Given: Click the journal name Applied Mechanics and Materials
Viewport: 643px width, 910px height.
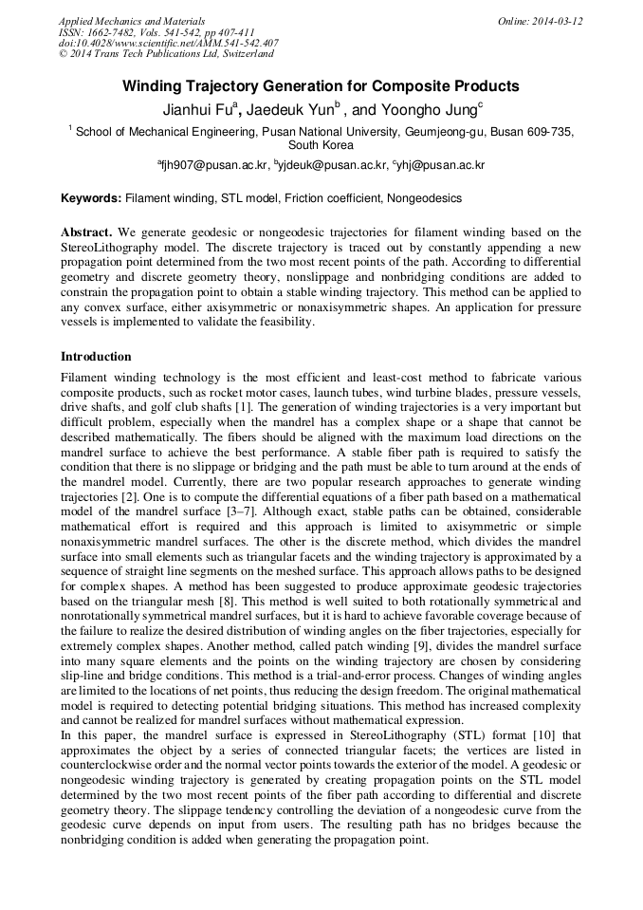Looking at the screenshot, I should click(131, 21).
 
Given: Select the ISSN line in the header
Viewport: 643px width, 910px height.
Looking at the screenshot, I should click(156, 32).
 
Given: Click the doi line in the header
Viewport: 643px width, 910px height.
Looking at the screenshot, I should click(168, 43).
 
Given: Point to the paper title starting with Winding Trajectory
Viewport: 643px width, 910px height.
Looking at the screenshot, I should click(321, 86).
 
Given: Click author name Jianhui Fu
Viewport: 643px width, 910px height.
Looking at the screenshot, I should click(197, 109).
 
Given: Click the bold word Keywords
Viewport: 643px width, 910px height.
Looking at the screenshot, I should click(91, 198).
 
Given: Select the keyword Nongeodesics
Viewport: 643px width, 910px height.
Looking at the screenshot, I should click(425, 198).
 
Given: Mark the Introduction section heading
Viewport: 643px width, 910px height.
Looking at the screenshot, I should click(96, 357).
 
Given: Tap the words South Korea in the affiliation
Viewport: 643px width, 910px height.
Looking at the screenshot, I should click(321, 146).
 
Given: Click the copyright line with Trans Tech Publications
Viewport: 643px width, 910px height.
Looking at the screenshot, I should click(166, 54).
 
